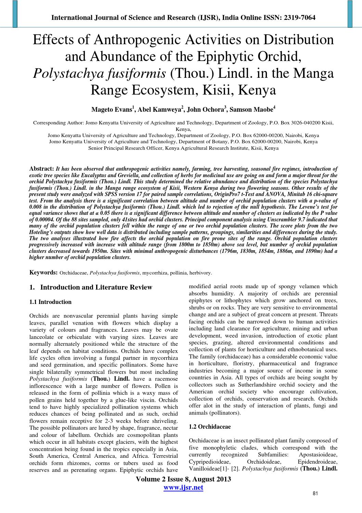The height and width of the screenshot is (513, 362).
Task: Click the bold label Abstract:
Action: (x=42, y=169)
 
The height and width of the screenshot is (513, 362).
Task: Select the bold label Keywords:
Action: (x=43, y=272)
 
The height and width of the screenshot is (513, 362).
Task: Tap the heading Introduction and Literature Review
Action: (x=96, y=287)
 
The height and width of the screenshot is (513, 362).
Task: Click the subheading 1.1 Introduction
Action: (x=50, y=302)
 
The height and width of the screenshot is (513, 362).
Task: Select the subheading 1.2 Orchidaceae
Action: (x=210, y=427)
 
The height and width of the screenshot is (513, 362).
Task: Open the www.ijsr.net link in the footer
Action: (x=183, y=487)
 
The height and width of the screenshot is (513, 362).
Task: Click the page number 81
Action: (x=315, y=493)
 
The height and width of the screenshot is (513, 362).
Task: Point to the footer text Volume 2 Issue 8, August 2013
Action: (x=183, y=479)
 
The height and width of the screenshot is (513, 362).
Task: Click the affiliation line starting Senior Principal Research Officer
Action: (x=183, y=148)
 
